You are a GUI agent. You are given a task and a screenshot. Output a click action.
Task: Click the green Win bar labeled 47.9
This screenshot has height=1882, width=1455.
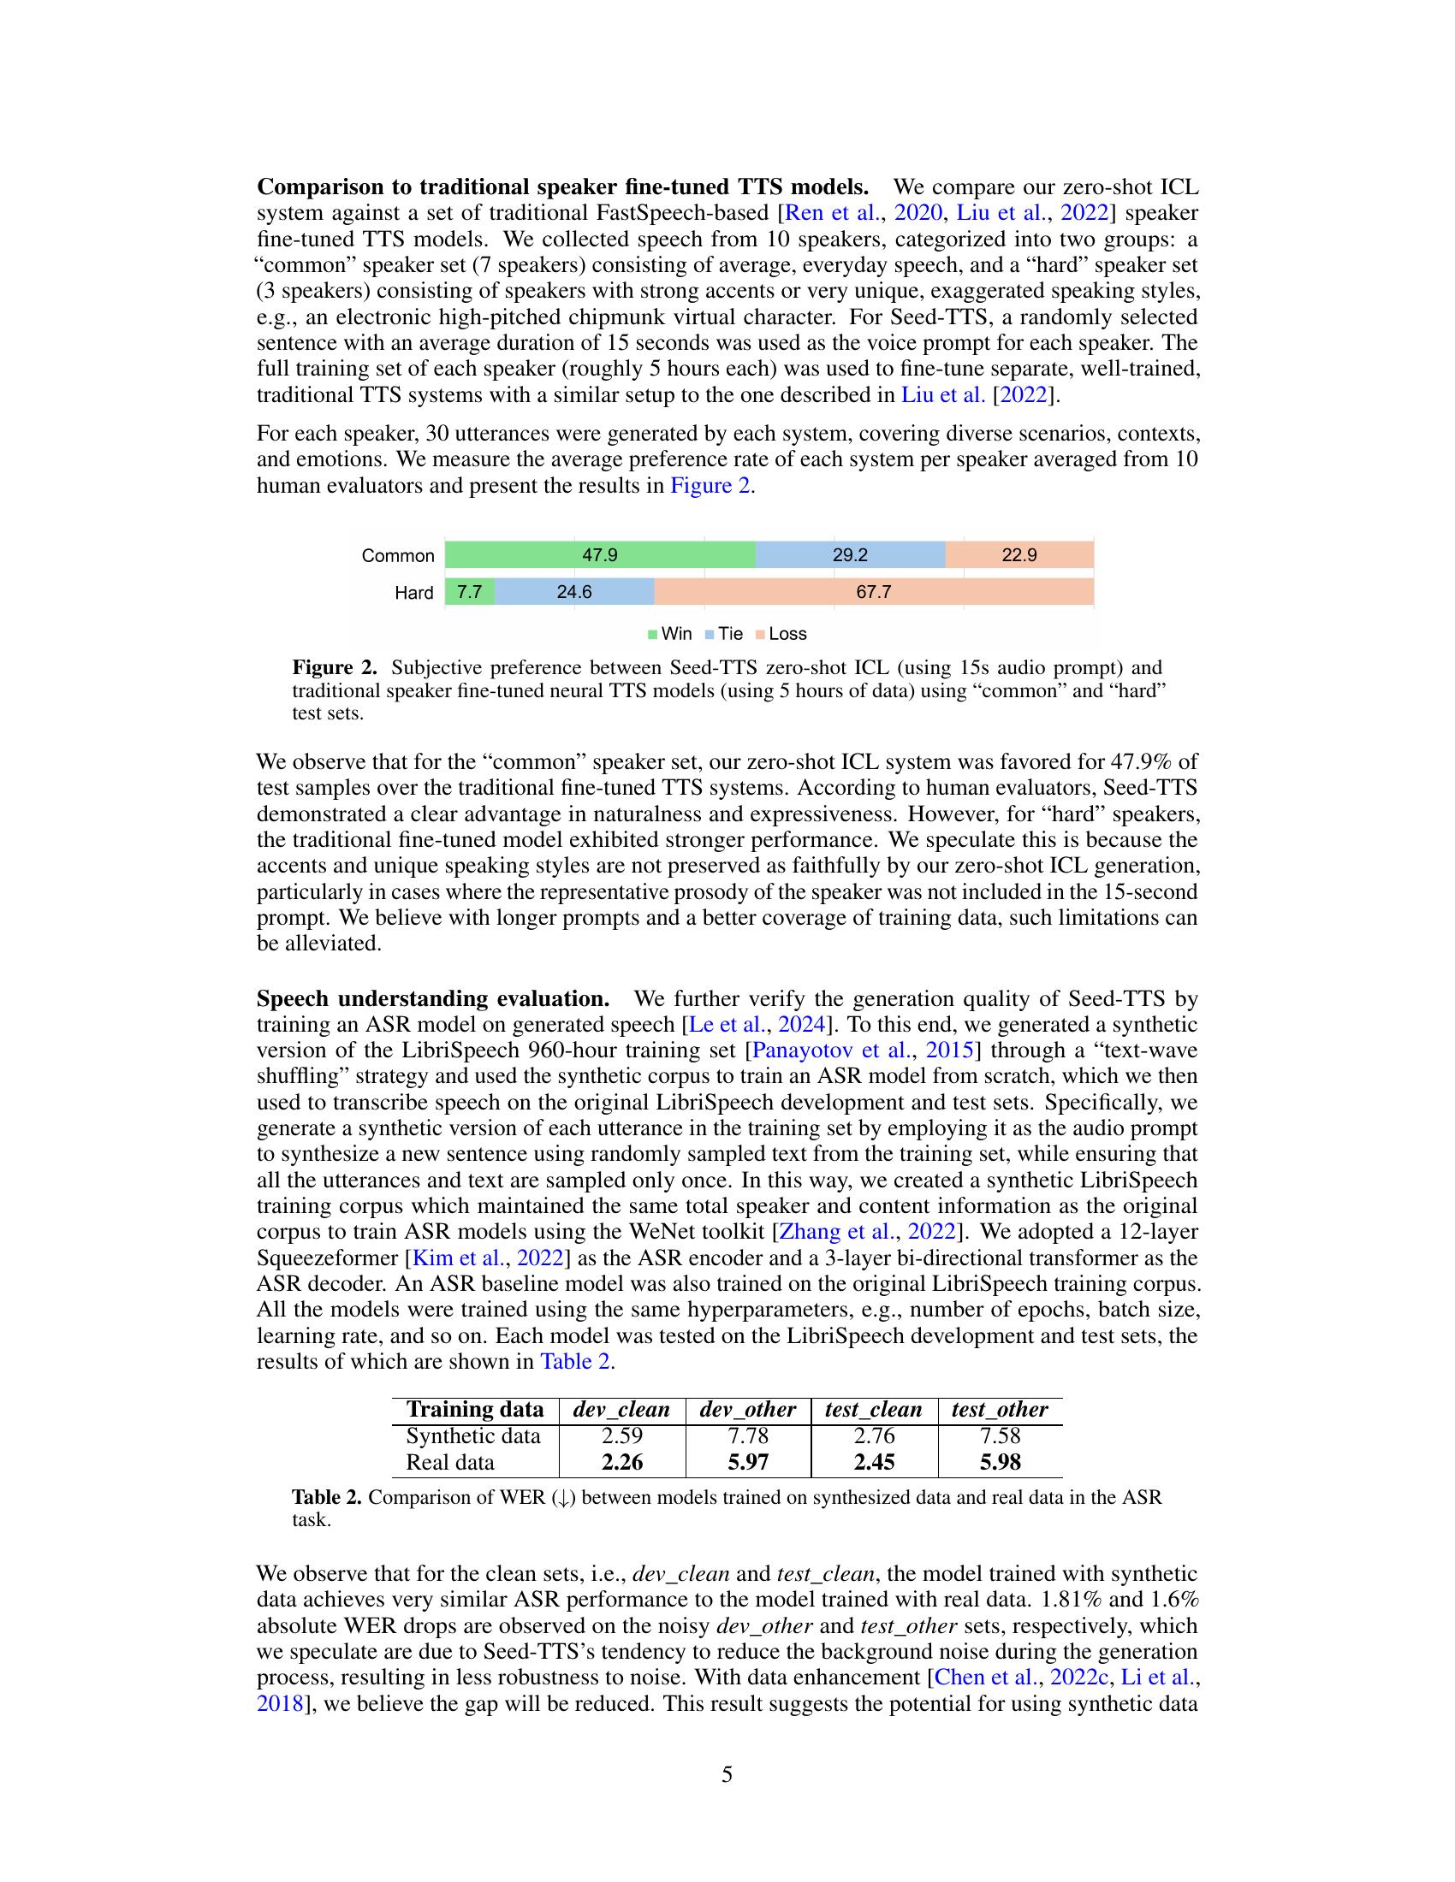pyautogui.click(x=600, y=555)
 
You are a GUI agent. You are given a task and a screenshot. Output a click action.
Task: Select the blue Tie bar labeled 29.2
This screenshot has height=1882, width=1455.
pyautogui.click(x=850, y=555)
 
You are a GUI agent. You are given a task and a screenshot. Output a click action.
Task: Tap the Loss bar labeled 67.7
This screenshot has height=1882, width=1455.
pyautogui.click(x=873, y=592)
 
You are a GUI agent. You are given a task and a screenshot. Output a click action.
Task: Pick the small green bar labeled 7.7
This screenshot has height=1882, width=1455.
pyautogui.click(x=470, y=592)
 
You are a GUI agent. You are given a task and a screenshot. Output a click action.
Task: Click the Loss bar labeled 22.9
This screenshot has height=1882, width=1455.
pyautogui.click(x=1018, y=555)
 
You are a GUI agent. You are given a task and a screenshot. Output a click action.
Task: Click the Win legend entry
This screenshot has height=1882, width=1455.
pyautogui.click(x=670, y=633)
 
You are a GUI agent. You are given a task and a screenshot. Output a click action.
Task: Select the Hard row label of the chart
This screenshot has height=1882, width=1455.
pyautogui.click(x=413, y=593)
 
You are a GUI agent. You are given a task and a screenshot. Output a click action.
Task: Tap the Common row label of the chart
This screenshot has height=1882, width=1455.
pyautogui.click(x=398, y=556)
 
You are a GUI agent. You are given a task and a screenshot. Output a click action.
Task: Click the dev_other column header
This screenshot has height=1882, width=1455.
pyautogui.click(x=747, y=1409)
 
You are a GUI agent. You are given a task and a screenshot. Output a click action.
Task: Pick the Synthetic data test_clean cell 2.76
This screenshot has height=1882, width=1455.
pyautogui.click(x=873, y=1435)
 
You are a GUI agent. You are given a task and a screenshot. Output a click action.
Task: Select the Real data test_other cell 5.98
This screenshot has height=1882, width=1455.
pyautogui.click(x=1000, y=1461)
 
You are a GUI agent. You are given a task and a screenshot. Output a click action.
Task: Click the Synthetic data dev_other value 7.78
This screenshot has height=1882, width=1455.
pyautogui.click(x=747, y=1435)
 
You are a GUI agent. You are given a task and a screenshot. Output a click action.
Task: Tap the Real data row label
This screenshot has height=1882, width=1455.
pyautogui.click(x=450, y=1461)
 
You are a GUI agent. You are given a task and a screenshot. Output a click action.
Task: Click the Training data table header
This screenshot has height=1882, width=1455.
pyautogui.click(x=475, y=1409)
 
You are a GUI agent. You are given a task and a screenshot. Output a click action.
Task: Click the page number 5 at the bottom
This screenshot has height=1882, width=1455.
pyautogui.click(x=727, y=1774)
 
